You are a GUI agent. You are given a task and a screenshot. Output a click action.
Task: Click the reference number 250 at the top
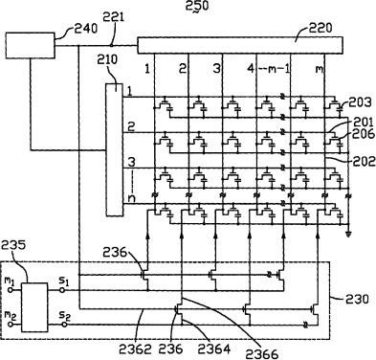tap(197, 6)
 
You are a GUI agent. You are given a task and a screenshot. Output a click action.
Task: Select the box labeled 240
tap(31, 45)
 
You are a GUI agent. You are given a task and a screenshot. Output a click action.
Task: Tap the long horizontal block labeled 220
tap(240, 45)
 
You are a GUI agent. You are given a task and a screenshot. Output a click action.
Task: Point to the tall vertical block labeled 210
tap(115, 149)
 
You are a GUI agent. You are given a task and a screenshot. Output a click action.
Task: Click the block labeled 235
tap(34, 307)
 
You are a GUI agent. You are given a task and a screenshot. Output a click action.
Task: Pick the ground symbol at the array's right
tap(348, 235)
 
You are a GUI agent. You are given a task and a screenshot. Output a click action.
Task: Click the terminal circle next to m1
tap(11, 290)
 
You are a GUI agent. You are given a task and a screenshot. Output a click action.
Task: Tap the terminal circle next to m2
tap(11, 325)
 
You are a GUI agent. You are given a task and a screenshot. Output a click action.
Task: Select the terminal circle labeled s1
tap(62, 290)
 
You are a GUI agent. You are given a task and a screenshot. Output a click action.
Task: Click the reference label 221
tap(114, 17)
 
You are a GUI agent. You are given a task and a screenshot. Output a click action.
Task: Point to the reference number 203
tap(360, 102)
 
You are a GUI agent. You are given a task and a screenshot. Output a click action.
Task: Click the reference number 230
tap(357, 299)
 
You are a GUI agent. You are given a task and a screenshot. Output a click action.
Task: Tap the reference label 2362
tap(135, 349)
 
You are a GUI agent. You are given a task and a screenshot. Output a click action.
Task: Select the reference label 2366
tap(262, 354)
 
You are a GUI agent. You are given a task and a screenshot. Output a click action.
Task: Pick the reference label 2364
tap(214, 349)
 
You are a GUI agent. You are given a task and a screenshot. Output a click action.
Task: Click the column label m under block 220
tap(320, 69)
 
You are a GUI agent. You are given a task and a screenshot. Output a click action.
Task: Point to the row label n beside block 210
tap(131, 198)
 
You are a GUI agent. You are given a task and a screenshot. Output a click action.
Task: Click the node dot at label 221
tap(111, 45)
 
